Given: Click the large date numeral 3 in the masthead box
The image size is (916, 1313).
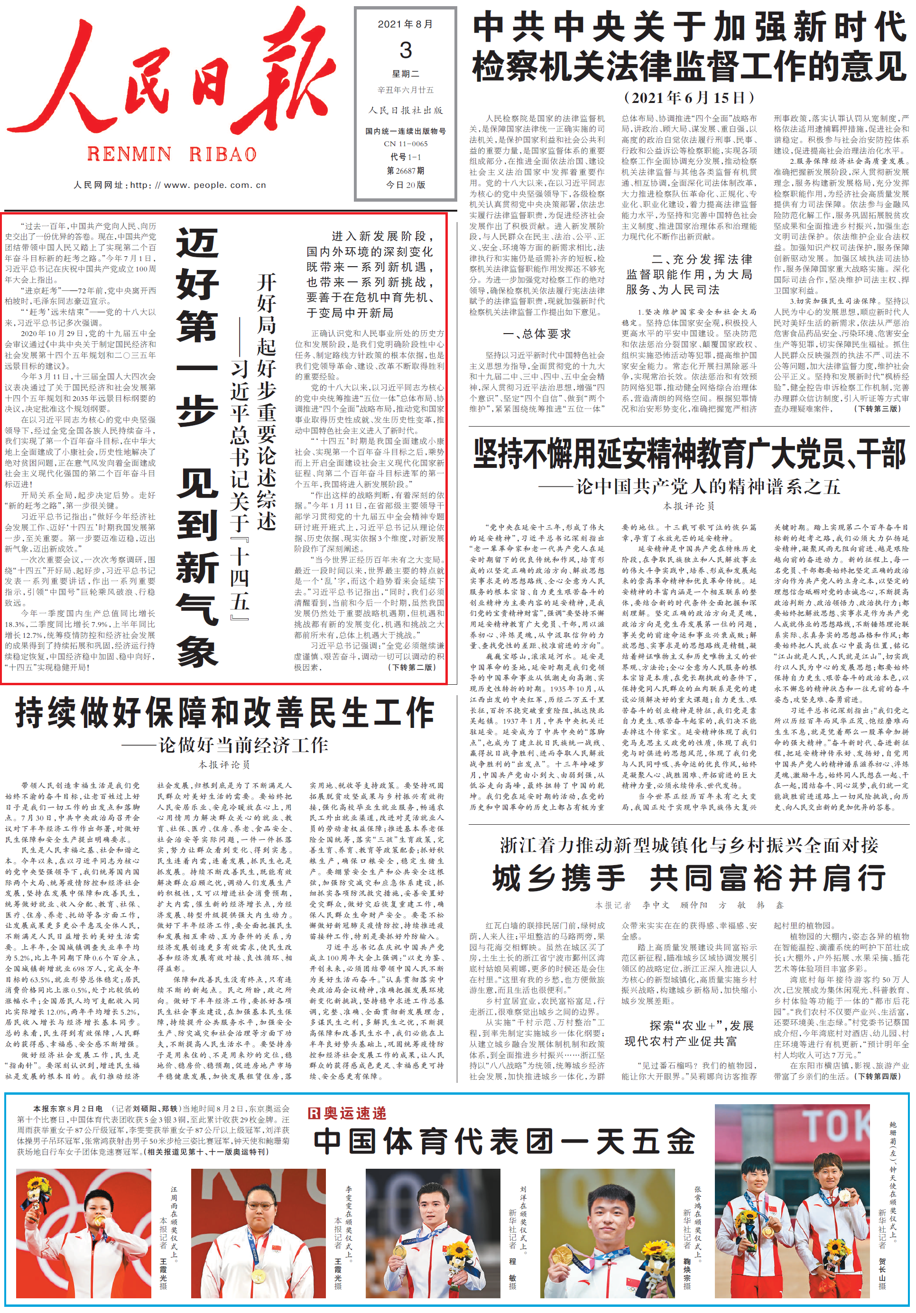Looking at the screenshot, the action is (406, 50).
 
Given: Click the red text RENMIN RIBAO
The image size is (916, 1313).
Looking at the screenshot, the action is (172, 154).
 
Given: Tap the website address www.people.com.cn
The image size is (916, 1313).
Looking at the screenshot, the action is (214, 185).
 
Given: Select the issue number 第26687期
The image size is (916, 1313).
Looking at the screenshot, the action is (406, 170).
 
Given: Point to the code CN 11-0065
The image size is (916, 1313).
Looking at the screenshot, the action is (406, 143).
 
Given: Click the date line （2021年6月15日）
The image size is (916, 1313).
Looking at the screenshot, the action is (688, 98).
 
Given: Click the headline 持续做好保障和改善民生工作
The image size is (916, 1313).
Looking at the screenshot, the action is (225, 713).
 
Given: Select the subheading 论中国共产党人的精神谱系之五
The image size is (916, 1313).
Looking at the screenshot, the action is (708, 487).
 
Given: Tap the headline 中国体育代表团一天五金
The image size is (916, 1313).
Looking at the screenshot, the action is (504, 1141).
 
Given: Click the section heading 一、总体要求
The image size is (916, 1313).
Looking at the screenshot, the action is (537, 334).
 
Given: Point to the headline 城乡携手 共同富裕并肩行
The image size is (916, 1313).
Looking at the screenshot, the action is (688, 879).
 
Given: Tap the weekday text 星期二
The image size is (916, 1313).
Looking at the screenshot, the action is (406, 74).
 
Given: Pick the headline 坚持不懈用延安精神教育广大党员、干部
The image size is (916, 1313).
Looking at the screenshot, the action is (688, 455).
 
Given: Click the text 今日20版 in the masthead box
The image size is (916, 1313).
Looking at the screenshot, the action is (406, 185).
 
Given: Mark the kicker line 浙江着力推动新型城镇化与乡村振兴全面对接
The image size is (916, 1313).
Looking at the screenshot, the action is (688, 845).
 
